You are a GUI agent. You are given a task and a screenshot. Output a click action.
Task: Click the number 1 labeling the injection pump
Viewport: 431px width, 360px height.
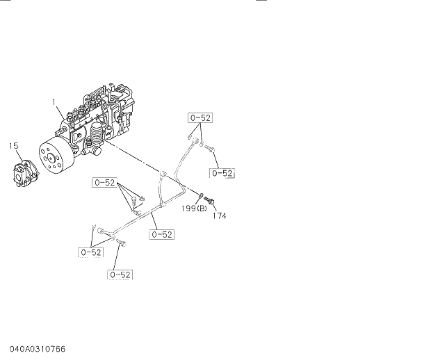53,102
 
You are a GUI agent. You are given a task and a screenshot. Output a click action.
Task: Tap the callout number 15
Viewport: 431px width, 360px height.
13,145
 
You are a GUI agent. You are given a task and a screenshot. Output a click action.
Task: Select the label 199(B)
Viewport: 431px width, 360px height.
195,208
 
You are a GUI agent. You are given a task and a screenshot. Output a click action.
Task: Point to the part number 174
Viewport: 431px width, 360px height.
219,215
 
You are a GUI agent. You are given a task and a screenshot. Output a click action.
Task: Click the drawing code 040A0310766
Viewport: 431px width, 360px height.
39,347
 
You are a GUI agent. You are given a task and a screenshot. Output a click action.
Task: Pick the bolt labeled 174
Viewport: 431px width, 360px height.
212,202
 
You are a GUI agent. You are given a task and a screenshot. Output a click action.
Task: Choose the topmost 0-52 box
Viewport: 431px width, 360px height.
200,117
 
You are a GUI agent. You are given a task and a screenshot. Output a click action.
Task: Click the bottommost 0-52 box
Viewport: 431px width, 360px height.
120,275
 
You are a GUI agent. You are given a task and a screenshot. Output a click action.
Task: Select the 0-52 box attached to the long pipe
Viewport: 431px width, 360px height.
161,234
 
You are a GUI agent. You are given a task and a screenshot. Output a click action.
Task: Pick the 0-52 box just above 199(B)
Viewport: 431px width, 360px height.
222,172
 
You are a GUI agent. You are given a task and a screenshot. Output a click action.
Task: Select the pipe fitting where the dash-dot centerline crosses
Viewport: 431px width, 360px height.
163,174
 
